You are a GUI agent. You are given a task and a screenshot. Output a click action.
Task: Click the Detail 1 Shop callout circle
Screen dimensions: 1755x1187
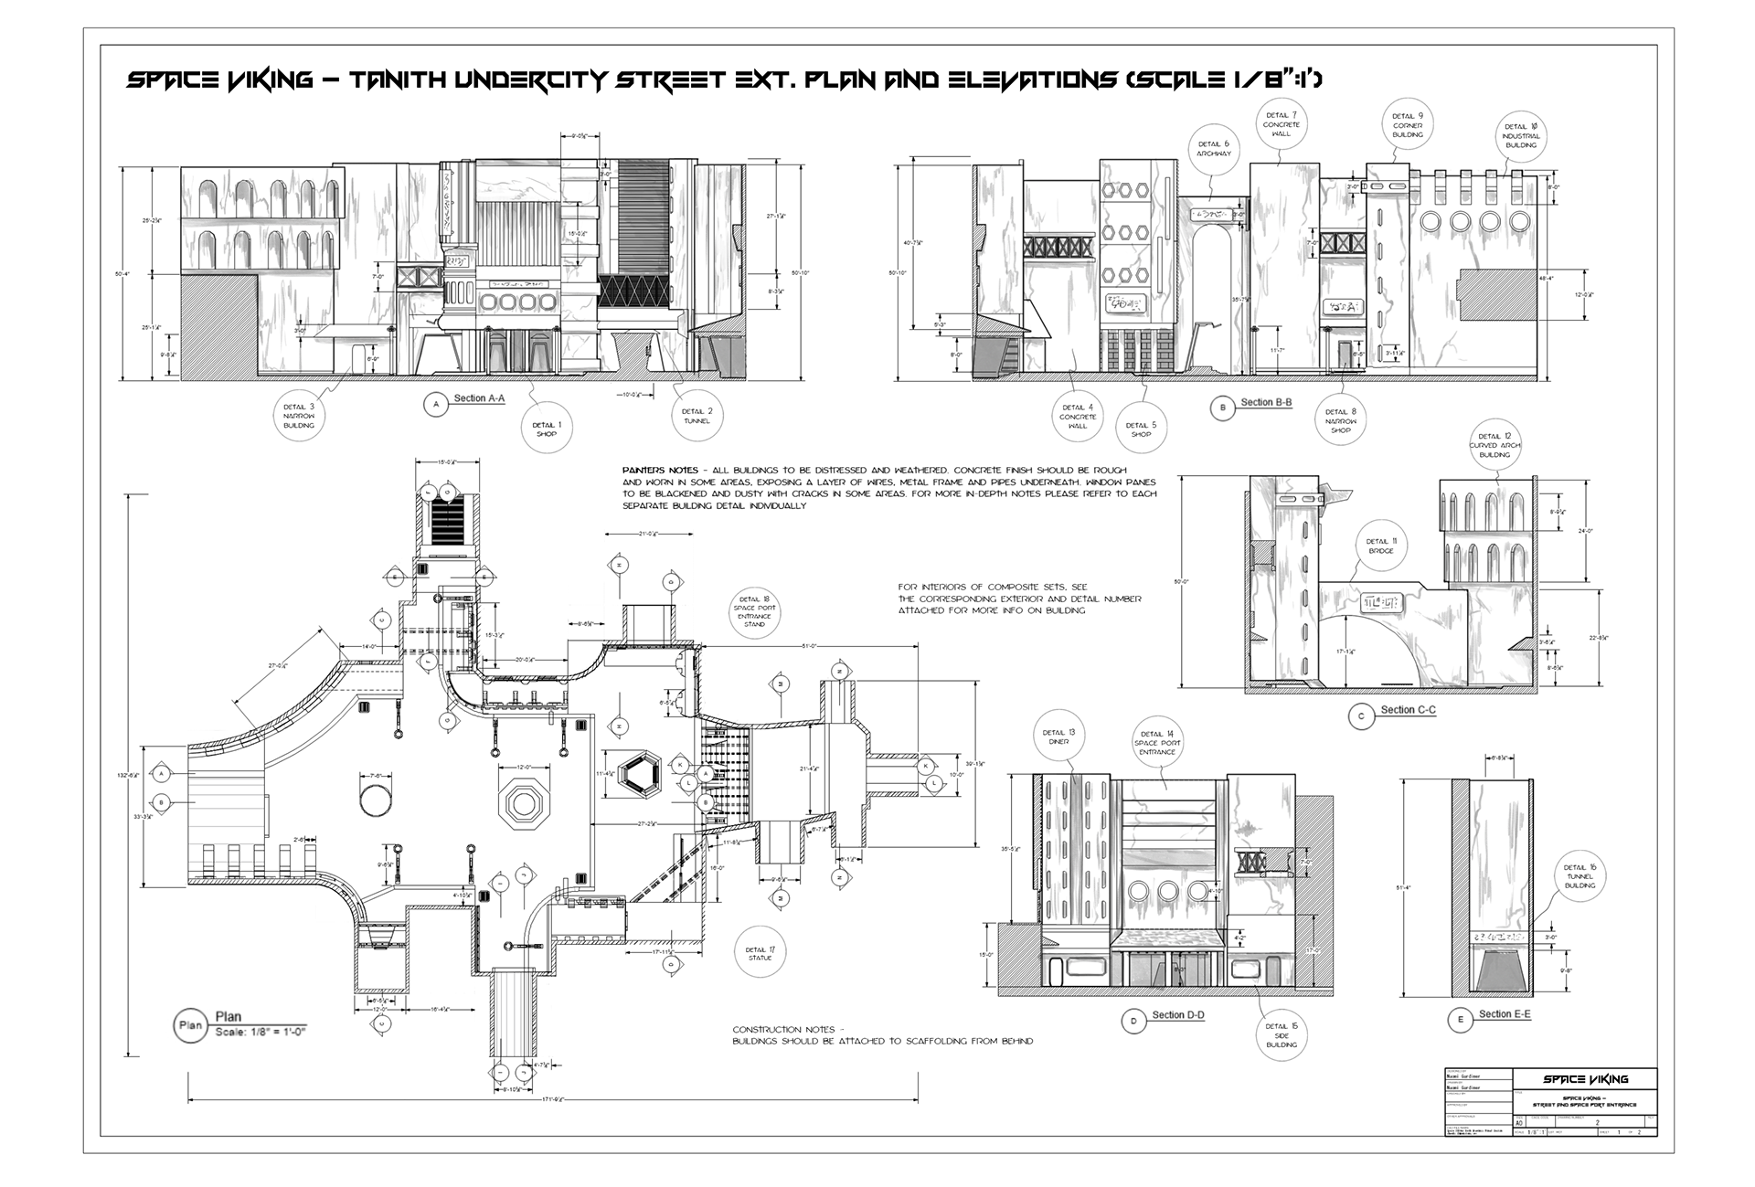[x=547, y=429]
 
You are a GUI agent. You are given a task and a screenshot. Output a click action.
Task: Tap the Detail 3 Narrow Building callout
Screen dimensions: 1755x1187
[x=299, y=415]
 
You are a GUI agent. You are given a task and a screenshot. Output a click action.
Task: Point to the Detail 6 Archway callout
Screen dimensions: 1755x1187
[x=1213, y=148]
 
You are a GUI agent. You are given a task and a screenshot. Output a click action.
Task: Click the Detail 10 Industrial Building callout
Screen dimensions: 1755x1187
[x=1521, y=135]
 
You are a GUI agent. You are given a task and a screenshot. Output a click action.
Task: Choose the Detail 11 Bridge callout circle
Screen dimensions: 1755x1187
[x=1380, y=546]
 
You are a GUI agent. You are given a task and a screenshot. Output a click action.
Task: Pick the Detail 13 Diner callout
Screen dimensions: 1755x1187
[x=1058, y=737]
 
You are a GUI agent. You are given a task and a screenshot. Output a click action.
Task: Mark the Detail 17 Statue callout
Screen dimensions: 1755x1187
[x=760, y=953]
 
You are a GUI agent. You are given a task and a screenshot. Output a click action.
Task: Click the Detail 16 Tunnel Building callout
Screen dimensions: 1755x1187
[x=1579, y=875]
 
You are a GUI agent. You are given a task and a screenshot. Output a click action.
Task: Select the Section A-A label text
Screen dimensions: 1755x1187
[x=479, y=399]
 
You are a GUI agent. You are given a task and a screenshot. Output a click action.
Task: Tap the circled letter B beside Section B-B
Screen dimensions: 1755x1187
[x=1223, y=408]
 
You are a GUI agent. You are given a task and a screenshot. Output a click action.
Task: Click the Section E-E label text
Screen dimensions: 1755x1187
[x=1505, y=1014]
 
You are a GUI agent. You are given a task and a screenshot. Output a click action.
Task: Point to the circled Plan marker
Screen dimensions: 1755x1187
[x=190, y=1025]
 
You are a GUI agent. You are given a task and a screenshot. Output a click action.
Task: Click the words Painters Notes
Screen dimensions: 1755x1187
[x=660, y=470]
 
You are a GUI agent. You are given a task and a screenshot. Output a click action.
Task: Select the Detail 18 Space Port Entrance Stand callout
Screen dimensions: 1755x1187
[x=754, y=611]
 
